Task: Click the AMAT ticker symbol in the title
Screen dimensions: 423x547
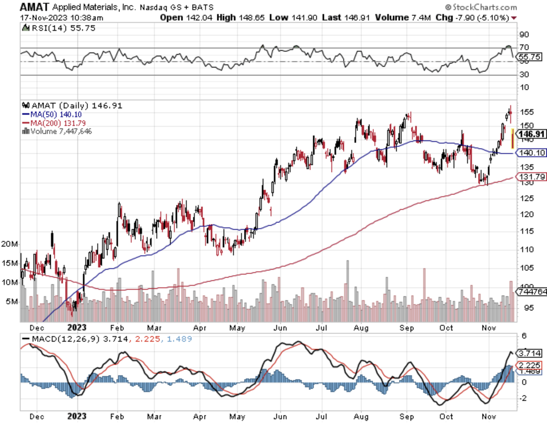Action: pos(34,7)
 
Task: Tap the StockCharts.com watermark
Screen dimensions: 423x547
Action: pos(481,7)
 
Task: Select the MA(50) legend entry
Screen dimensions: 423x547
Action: pos(52,114)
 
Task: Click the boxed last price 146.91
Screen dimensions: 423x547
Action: pos(532,134)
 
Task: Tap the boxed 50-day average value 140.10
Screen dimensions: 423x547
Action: pos(532,153)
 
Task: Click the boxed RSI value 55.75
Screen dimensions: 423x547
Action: pos(530,57)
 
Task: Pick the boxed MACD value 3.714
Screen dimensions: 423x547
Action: pos(529,353)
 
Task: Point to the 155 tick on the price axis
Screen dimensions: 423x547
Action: pos(527,112)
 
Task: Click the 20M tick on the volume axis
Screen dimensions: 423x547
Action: pos(9,244)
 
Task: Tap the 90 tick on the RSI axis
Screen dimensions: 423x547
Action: pos(524,34)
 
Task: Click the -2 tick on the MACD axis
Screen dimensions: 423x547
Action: pos(524,398)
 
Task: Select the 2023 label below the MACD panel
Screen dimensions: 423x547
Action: pos(77,416)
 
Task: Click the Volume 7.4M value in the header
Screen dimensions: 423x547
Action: pos(403,18)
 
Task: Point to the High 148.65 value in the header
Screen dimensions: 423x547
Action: pos(241,18)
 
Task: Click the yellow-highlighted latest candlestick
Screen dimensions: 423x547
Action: pos(513,139)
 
